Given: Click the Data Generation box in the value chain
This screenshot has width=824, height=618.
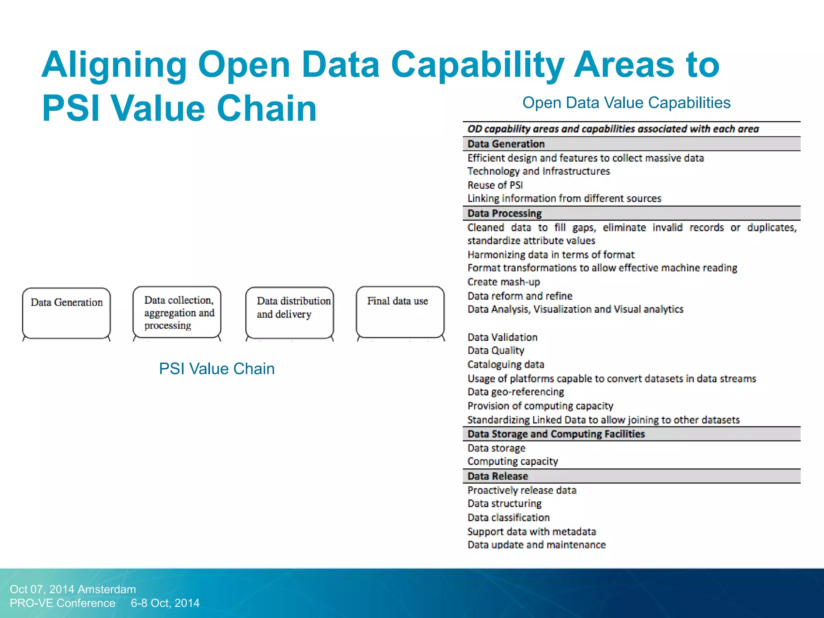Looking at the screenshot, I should tap(66, 313).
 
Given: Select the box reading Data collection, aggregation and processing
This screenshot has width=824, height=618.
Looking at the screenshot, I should tap(177, 313).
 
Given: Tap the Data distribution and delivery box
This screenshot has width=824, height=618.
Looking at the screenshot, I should tap(290, 313).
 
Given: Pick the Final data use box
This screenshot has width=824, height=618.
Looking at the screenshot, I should tap(400, 312).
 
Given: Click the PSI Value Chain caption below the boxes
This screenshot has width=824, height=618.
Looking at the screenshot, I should tap(216, 369).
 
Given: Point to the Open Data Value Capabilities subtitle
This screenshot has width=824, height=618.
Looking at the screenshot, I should tap(626, 103).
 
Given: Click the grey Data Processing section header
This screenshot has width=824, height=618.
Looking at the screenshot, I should tap(505, 213).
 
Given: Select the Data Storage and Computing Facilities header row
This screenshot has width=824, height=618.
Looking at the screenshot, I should tap(556, 434).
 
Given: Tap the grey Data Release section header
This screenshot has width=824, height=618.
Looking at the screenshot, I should tap(497, 476).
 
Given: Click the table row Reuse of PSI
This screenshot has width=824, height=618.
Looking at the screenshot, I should tap(495, 185).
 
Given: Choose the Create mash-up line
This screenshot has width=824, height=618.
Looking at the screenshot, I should tap(503, 282).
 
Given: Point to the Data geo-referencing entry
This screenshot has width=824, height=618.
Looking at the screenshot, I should tap(515, 392).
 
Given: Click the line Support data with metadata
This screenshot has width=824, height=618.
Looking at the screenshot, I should tap(531, 531).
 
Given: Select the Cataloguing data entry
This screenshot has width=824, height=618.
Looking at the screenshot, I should tap(505, 365).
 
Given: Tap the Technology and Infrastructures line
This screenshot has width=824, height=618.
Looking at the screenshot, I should tap(538, 171).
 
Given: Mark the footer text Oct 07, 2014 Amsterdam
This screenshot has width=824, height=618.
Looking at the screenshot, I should tap(73, 589).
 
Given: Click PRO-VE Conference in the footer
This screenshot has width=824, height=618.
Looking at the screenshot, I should tap(62, 603).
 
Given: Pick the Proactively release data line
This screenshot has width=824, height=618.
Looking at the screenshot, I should tap(522, 490).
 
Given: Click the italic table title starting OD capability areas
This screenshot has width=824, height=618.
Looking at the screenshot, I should tap(613, 129).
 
